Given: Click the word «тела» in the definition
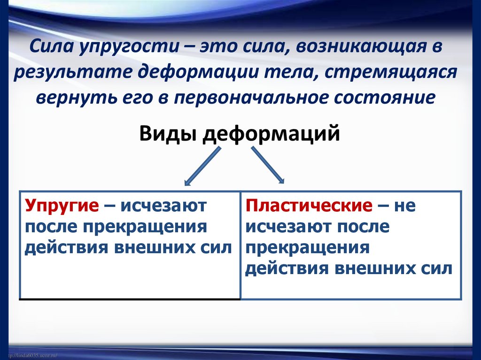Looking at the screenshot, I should [283, 74].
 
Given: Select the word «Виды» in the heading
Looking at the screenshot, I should [168, 133].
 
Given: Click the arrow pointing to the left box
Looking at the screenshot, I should [202, 166].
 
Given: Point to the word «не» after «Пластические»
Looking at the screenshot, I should [405, 207].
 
